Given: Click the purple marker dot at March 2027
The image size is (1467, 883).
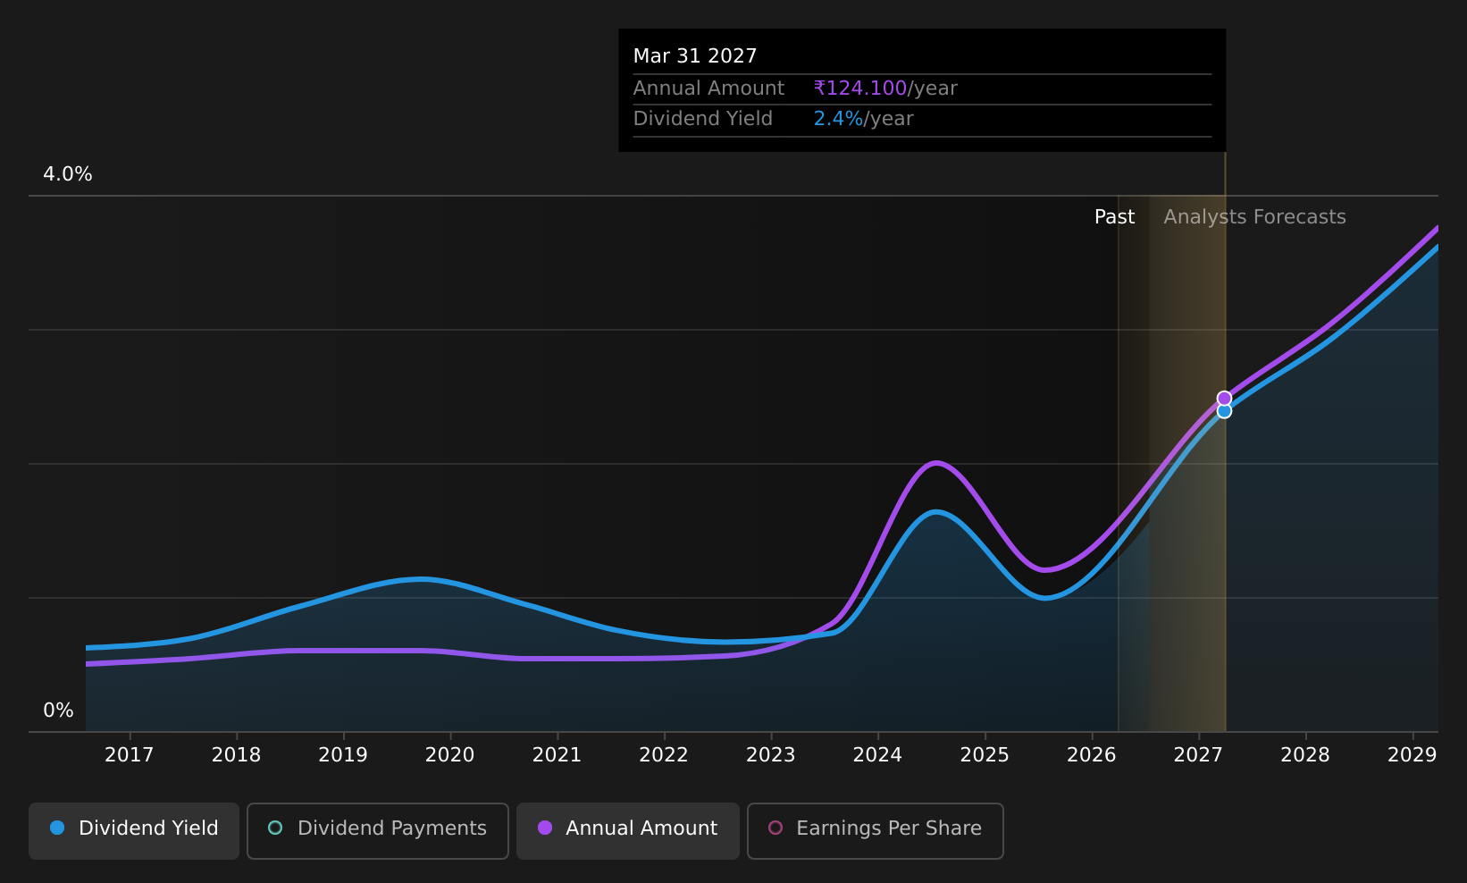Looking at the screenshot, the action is (x=1224, y=399).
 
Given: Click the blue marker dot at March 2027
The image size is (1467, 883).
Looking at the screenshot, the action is (x=1224, y=411).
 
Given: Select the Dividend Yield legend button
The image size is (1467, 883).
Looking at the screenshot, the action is (x=134, y=830).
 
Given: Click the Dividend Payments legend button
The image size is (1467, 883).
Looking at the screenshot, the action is (x=378, y=830).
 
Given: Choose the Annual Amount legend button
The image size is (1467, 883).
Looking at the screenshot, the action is (x=628, y=830).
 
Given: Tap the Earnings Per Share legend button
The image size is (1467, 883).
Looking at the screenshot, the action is (x=875, y=830).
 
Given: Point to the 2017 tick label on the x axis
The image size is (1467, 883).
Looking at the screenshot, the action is (x=129, y=755).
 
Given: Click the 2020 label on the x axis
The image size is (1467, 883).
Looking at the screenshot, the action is (x=450, y=755).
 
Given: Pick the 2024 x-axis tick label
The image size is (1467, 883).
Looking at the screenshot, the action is (x=877, y=755).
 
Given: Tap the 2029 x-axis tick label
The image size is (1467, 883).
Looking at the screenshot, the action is (x=1413, y=755).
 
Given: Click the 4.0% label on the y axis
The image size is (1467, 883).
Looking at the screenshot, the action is (x=68, y=174).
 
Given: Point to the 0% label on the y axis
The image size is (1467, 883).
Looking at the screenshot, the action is (x=58, y=711).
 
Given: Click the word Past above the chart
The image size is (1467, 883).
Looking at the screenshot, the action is (x=1115, y=217).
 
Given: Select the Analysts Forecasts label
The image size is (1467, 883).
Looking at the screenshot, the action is (x=1254, y=217).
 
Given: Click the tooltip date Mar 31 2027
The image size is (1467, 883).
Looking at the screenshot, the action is (x=695, y=56).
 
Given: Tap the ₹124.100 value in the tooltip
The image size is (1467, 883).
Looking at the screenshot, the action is (x=859, y=88).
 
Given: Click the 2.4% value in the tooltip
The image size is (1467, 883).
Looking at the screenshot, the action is (x=838, y=119).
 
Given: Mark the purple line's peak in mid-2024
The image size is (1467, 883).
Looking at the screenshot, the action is (x=936, y=463).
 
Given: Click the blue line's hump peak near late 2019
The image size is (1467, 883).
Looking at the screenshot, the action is (x=423, y=578).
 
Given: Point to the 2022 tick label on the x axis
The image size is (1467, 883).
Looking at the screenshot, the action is (x=664, y=755).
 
